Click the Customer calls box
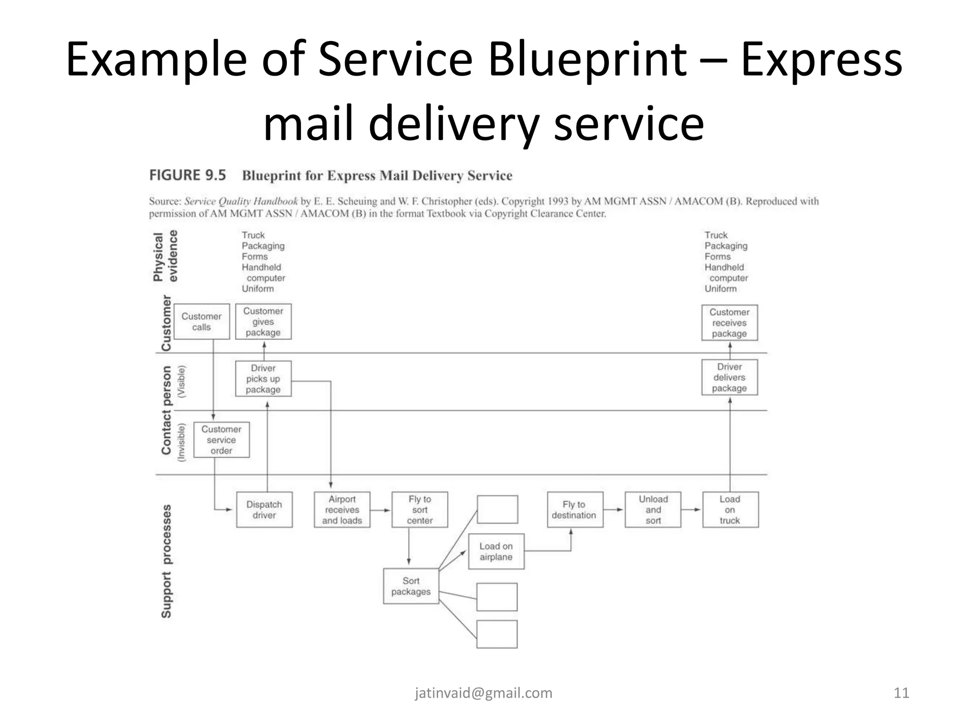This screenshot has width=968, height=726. coord(201,321)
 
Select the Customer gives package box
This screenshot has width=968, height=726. coord(263,321)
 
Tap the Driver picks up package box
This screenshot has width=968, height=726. coord(263,379)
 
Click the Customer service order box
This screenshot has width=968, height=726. coord(221,440)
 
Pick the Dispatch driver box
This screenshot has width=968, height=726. coord(264,510)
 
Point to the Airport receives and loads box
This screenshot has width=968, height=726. coord(342,510)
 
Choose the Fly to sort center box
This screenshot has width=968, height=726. coord(419,510)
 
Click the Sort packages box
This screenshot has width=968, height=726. coord(411,586)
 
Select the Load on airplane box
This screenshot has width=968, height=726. coord(496,551)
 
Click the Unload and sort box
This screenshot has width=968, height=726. coord(653,510)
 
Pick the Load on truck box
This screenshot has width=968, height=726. coord(730,510)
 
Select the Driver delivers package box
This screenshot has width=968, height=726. coord(729,377)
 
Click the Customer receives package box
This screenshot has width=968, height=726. coord(729,322)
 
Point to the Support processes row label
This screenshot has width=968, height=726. coord(166,561)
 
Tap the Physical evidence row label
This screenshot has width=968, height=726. coord(165,256)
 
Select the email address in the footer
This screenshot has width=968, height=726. coord(484,693)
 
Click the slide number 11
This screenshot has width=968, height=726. coord(901,693)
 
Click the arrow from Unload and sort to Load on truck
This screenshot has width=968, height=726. coord(691,510)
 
